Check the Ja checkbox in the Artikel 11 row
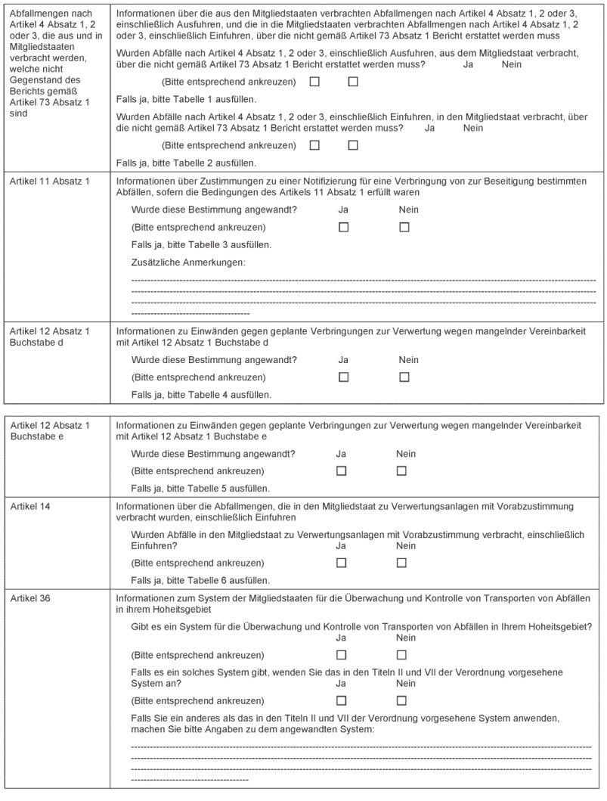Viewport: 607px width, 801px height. click(343, 227)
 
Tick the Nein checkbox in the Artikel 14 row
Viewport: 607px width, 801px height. click(401, 563)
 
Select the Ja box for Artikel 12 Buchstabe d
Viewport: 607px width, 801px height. click(343, 377)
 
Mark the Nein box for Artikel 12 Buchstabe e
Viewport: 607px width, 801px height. click(401, 470)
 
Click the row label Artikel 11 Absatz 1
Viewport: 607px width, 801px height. click(50, 182)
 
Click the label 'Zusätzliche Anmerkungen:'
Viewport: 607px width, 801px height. click(188, 262)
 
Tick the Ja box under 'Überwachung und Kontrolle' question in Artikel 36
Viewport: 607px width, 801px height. click(341, 655)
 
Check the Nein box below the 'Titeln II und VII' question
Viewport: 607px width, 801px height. click(401, 700)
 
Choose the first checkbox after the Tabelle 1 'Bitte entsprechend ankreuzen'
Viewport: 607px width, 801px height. click(314, 82)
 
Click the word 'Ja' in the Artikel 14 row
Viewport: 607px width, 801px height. click(341, 546)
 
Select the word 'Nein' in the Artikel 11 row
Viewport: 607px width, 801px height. click(408, 210)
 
